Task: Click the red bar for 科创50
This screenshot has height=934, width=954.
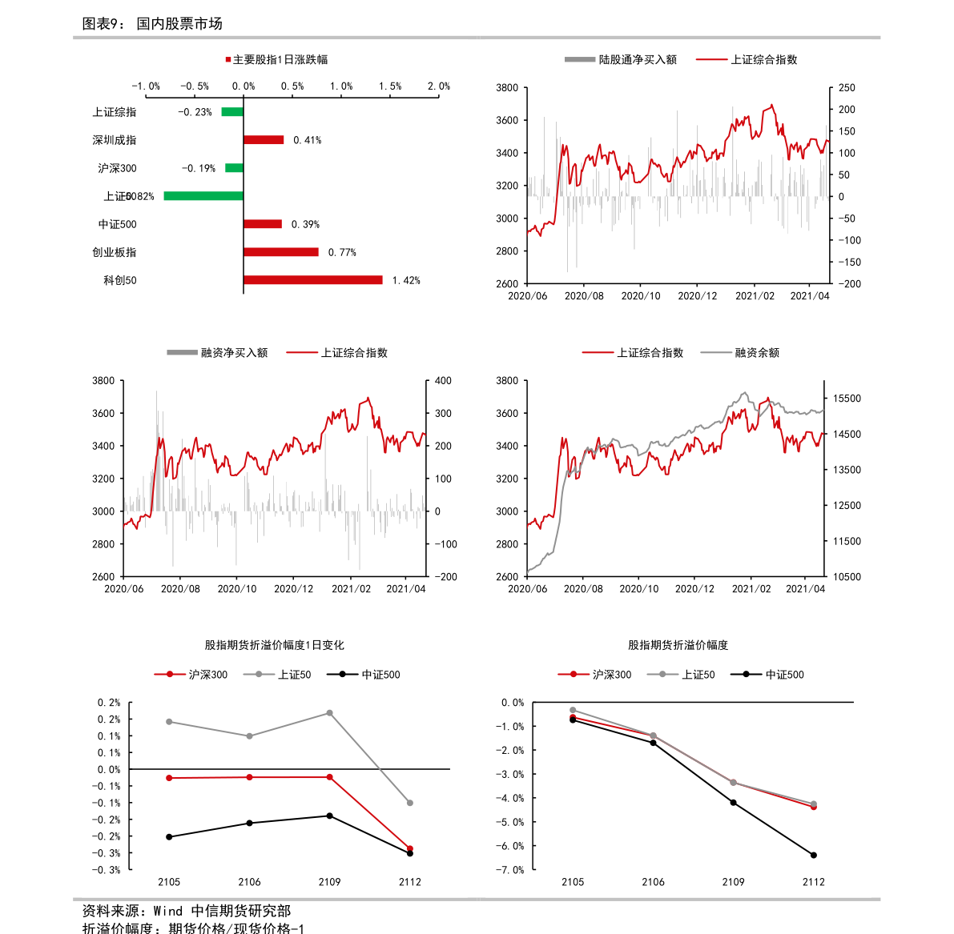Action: (312, 280)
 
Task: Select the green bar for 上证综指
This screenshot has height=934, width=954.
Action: (232, 112)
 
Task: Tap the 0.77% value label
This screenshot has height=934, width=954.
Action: (342, 252)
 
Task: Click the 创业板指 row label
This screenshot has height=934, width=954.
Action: (115, 252)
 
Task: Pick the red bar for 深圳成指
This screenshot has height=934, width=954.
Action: (264, 140)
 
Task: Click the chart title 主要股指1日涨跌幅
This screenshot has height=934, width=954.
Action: (280, 59)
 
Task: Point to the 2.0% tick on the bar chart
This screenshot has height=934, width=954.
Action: (438, 86)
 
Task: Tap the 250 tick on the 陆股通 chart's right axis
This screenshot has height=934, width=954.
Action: (847, 88)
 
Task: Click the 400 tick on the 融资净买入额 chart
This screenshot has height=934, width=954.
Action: (443, 381)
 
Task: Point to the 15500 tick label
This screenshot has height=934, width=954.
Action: (847, 399)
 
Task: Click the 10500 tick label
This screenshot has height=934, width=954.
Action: (847, 576)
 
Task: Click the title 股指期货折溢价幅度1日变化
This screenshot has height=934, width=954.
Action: (274, 645)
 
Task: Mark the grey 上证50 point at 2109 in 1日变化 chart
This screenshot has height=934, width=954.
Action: (329, 713)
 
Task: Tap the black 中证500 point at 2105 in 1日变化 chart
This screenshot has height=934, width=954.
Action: (169, 836)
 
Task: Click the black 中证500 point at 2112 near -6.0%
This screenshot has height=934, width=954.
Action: (813, 855)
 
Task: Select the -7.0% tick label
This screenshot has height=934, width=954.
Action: (513, 870)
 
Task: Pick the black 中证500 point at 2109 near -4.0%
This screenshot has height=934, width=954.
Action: (733, 802)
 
